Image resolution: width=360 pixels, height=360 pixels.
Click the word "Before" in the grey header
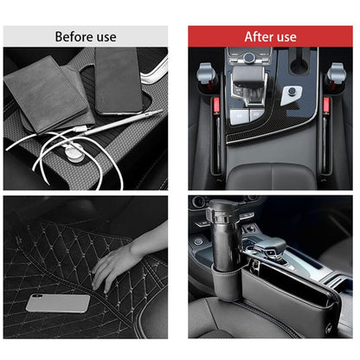click(x=72, y=36)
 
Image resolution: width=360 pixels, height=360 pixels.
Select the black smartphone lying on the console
click(x=119, y=80)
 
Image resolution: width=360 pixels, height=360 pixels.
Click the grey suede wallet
click(x=48, y=95)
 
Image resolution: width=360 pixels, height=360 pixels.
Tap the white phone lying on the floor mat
click(x=58, y=302)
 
